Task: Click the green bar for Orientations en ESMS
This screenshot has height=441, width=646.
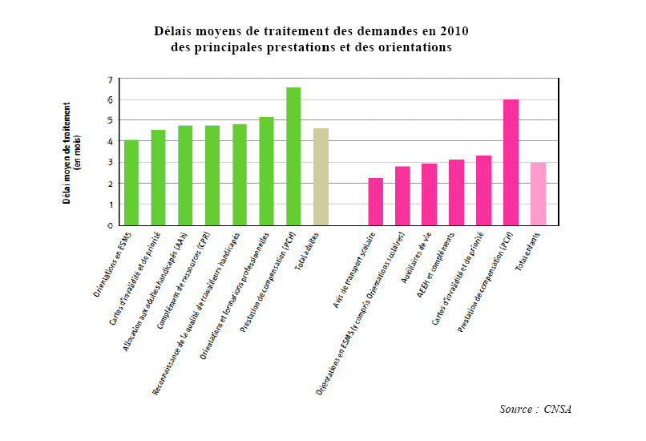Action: click(131, 183)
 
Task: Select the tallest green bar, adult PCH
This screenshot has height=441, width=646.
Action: click(293, 156)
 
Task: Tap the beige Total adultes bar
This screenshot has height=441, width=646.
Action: click(321, 176)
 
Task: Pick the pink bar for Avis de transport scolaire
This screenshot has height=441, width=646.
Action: click(375, 201)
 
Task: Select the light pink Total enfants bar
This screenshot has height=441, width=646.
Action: click(538, 193)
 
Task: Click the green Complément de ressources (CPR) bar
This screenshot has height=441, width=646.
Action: click(212, 175)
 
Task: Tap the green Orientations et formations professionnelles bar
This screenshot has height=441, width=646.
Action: click(266, 171)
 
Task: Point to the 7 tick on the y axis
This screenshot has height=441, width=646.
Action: click(110, 79)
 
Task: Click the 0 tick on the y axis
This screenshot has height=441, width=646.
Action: click(110, 225)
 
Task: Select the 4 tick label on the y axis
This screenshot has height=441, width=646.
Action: click(110, 142)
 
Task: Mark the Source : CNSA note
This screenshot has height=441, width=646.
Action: click(535, 409)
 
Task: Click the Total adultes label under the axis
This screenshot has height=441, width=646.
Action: click(308, 249)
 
